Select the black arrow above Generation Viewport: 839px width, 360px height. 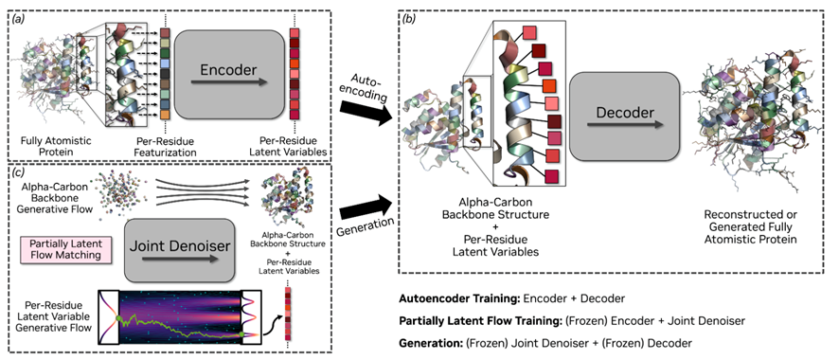coord(364,206)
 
